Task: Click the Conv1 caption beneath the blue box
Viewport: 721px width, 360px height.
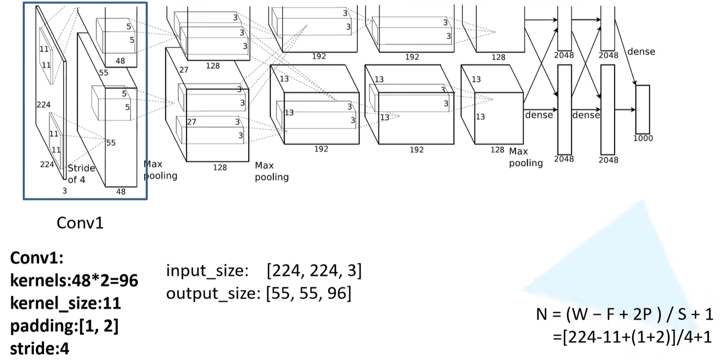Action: pyautogui.click(x=80, y=223)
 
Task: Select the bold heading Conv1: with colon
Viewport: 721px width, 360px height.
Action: pyautogui.click(x=37, y=258)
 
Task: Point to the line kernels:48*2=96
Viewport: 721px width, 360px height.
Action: pyautogui.click(x=74, y=280)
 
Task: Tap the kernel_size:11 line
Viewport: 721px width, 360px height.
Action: pyautogui.click(x=66, y=303)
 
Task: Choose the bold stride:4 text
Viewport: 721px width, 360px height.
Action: pyautogui.click(x=39, y=349)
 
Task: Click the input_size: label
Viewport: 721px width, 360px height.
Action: pyautogui.click(x=207, y=271)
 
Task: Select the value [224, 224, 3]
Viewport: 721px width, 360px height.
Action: pyautogui.click(x=314, y=271)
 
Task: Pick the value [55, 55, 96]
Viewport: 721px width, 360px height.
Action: pyautogui.click(x=308, y=293)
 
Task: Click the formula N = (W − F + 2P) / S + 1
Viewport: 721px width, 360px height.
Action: pyautogui.click(x=624, y=314)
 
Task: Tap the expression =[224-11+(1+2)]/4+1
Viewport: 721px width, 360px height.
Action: pyautogui.click(x=632, y=337)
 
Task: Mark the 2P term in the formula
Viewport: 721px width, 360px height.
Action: pyautogui.click(x=642, y=314)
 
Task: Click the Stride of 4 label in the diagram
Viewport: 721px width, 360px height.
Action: pyautogui.click(x=81, y=174)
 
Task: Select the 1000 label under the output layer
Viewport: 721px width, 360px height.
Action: pyautogui.click(x=643, y=138)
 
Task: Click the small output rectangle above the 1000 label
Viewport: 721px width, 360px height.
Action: pyautogui.click(x=642, y=109)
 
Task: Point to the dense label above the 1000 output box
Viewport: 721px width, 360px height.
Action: pyautogui.click(x=641, y=52)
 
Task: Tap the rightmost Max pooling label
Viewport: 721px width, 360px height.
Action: pyautogui.click(x=525, y=157)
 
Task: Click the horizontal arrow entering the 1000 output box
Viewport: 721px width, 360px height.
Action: pyautogui.click(x=624, y=110)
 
